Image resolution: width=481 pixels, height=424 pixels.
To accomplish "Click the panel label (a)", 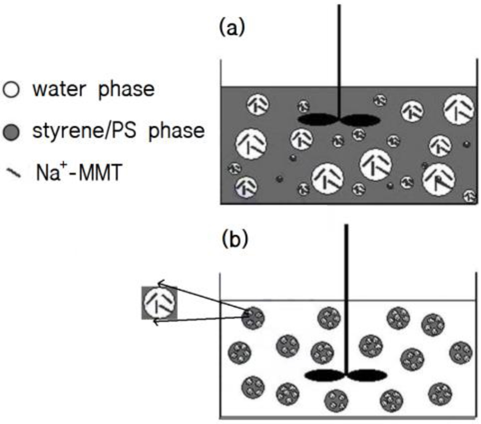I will pos(232,28).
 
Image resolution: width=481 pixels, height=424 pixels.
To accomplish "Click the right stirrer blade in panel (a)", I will pos(360,120).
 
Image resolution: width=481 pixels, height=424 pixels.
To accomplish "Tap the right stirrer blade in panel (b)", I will pos(367,375).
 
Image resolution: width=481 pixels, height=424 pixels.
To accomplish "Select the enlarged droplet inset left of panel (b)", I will pos(160,303).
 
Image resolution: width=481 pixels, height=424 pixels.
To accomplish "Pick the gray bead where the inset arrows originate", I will pos(253,318).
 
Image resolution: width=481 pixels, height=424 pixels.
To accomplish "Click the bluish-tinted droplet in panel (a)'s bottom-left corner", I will pos(246,188).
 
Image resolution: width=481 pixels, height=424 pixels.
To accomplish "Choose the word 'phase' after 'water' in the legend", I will pos(126,89).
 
